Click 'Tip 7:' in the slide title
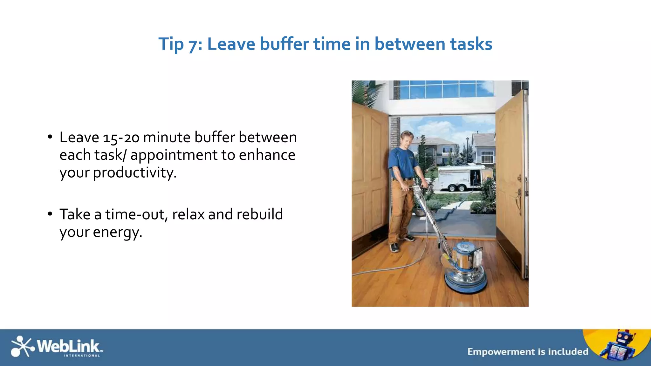(180, 44)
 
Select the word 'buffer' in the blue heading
(284, 44)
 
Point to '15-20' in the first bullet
(121, 138)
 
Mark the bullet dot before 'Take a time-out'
(50, 214)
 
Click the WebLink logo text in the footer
(68, 346)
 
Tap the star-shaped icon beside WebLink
(22, 346)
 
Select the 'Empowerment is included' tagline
(528, 352)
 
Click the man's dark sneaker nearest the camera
(394, 247)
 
